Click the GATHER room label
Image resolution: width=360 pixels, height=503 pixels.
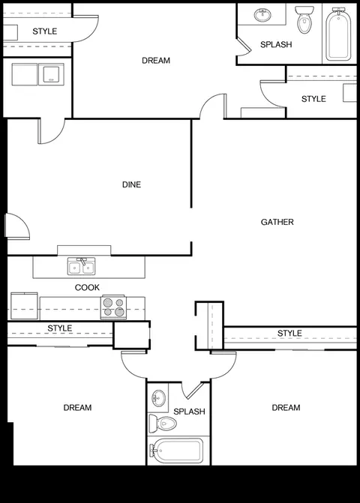pyautogui.click(x=277, y=222)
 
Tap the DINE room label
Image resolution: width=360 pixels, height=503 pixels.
pyautogui.click(x=131, y=184)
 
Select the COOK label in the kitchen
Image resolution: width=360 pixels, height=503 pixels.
pyautogui.click(x=87, y=287)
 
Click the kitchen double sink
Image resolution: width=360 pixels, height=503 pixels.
pyautogui.click(x=81, y=266)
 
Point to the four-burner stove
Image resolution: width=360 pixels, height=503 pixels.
pyautogui.click(x=113, y=307)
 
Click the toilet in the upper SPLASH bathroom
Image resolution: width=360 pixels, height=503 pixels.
pyautogui.click(x=304, y=19)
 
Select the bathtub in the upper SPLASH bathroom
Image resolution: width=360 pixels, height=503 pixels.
pyautogui.click(x=338, y=34)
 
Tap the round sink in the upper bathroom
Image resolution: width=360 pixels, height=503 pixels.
pyautogui.click(x=262, y=15)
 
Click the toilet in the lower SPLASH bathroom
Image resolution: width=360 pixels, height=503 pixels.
pyautogui.click(x=163, y=423)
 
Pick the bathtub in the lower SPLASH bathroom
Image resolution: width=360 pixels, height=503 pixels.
pyautogui.click(x=176, y=451)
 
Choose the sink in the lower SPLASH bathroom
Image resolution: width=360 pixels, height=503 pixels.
pyautogui.click(x=158, y=398)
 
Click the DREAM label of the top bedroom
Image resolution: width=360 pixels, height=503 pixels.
pyautogui.click(x=156, y=61)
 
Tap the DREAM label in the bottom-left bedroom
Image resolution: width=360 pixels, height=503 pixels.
pyautogui.click(x=77, y=408)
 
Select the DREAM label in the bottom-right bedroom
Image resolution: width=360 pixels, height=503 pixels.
pyautogui.click(x=286, y=408)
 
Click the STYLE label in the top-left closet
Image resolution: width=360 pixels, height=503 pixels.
pyautogui.click(x=44, y=31)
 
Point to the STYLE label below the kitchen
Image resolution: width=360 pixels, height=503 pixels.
pyautogui.click(x=60, y=328)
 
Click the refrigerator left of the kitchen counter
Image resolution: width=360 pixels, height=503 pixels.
pyautogui.click(x=24, y=306)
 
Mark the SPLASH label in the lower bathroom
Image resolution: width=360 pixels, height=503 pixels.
pyautogui.click(x=189, y=412)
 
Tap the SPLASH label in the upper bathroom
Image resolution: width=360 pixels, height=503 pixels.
pyautogui.click(x=276, y=44)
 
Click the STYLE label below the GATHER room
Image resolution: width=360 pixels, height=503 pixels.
pyautogui.click(x=289, y=334)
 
